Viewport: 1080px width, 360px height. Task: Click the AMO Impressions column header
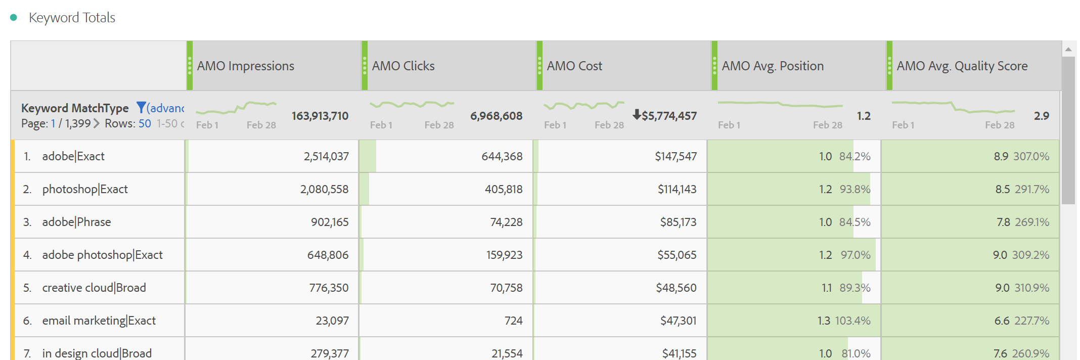245,66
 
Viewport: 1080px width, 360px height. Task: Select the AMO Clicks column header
403,66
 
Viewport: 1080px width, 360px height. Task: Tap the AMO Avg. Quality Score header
962,66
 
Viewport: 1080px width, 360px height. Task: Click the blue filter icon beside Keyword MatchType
141,108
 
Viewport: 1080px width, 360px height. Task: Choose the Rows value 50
145,124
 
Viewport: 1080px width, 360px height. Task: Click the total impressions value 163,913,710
320,116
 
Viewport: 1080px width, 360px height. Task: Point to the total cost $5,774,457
669,116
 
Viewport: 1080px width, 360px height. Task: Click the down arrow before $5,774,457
637,115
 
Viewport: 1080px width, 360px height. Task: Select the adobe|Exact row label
73,157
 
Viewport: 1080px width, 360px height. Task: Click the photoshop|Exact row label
85,190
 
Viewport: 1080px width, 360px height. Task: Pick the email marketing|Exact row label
99,321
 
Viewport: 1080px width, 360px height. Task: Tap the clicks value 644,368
502,157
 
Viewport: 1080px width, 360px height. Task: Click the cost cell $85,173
678,222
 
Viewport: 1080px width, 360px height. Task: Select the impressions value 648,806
328,255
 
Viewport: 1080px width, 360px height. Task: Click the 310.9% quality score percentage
1031,288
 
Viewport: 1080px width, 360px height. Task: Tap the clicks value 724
513,321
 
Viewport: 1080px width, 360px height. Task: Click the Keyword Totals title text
72,18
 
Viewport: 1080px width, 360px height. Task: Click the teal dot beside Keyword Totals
14,18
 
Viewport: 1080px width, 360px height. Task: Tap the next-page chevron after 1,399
97,124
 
